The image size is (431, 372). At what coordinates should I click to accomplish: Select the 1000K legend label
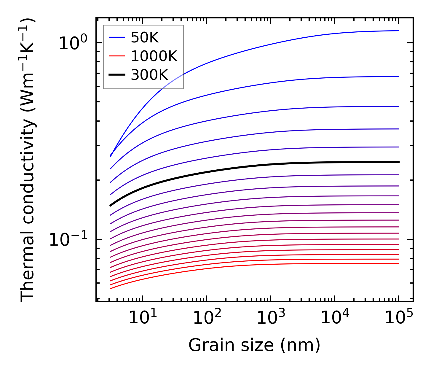point(154,56)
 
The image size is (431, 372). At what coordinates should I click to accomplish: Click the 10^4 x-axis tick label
point(335,318)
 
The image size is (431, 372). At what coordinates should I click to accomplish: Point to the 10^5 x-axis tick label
point(399,318)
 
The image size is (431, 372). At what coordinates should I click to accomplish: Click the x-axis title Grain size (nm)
point(254,345)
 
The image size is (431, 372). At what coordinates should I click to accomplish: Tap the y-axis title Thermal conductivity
point(28,160)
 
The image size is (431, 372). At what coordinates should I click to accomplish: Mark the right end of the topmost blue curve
point(399,31)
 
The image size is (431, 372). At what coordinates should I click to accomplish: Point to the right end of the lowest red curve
point(399,263)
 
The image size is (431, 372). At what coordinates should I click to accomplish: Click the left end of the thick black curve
point(110,205)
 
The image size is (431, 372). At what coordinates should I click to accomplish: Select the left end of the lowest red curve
point(110,288)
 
